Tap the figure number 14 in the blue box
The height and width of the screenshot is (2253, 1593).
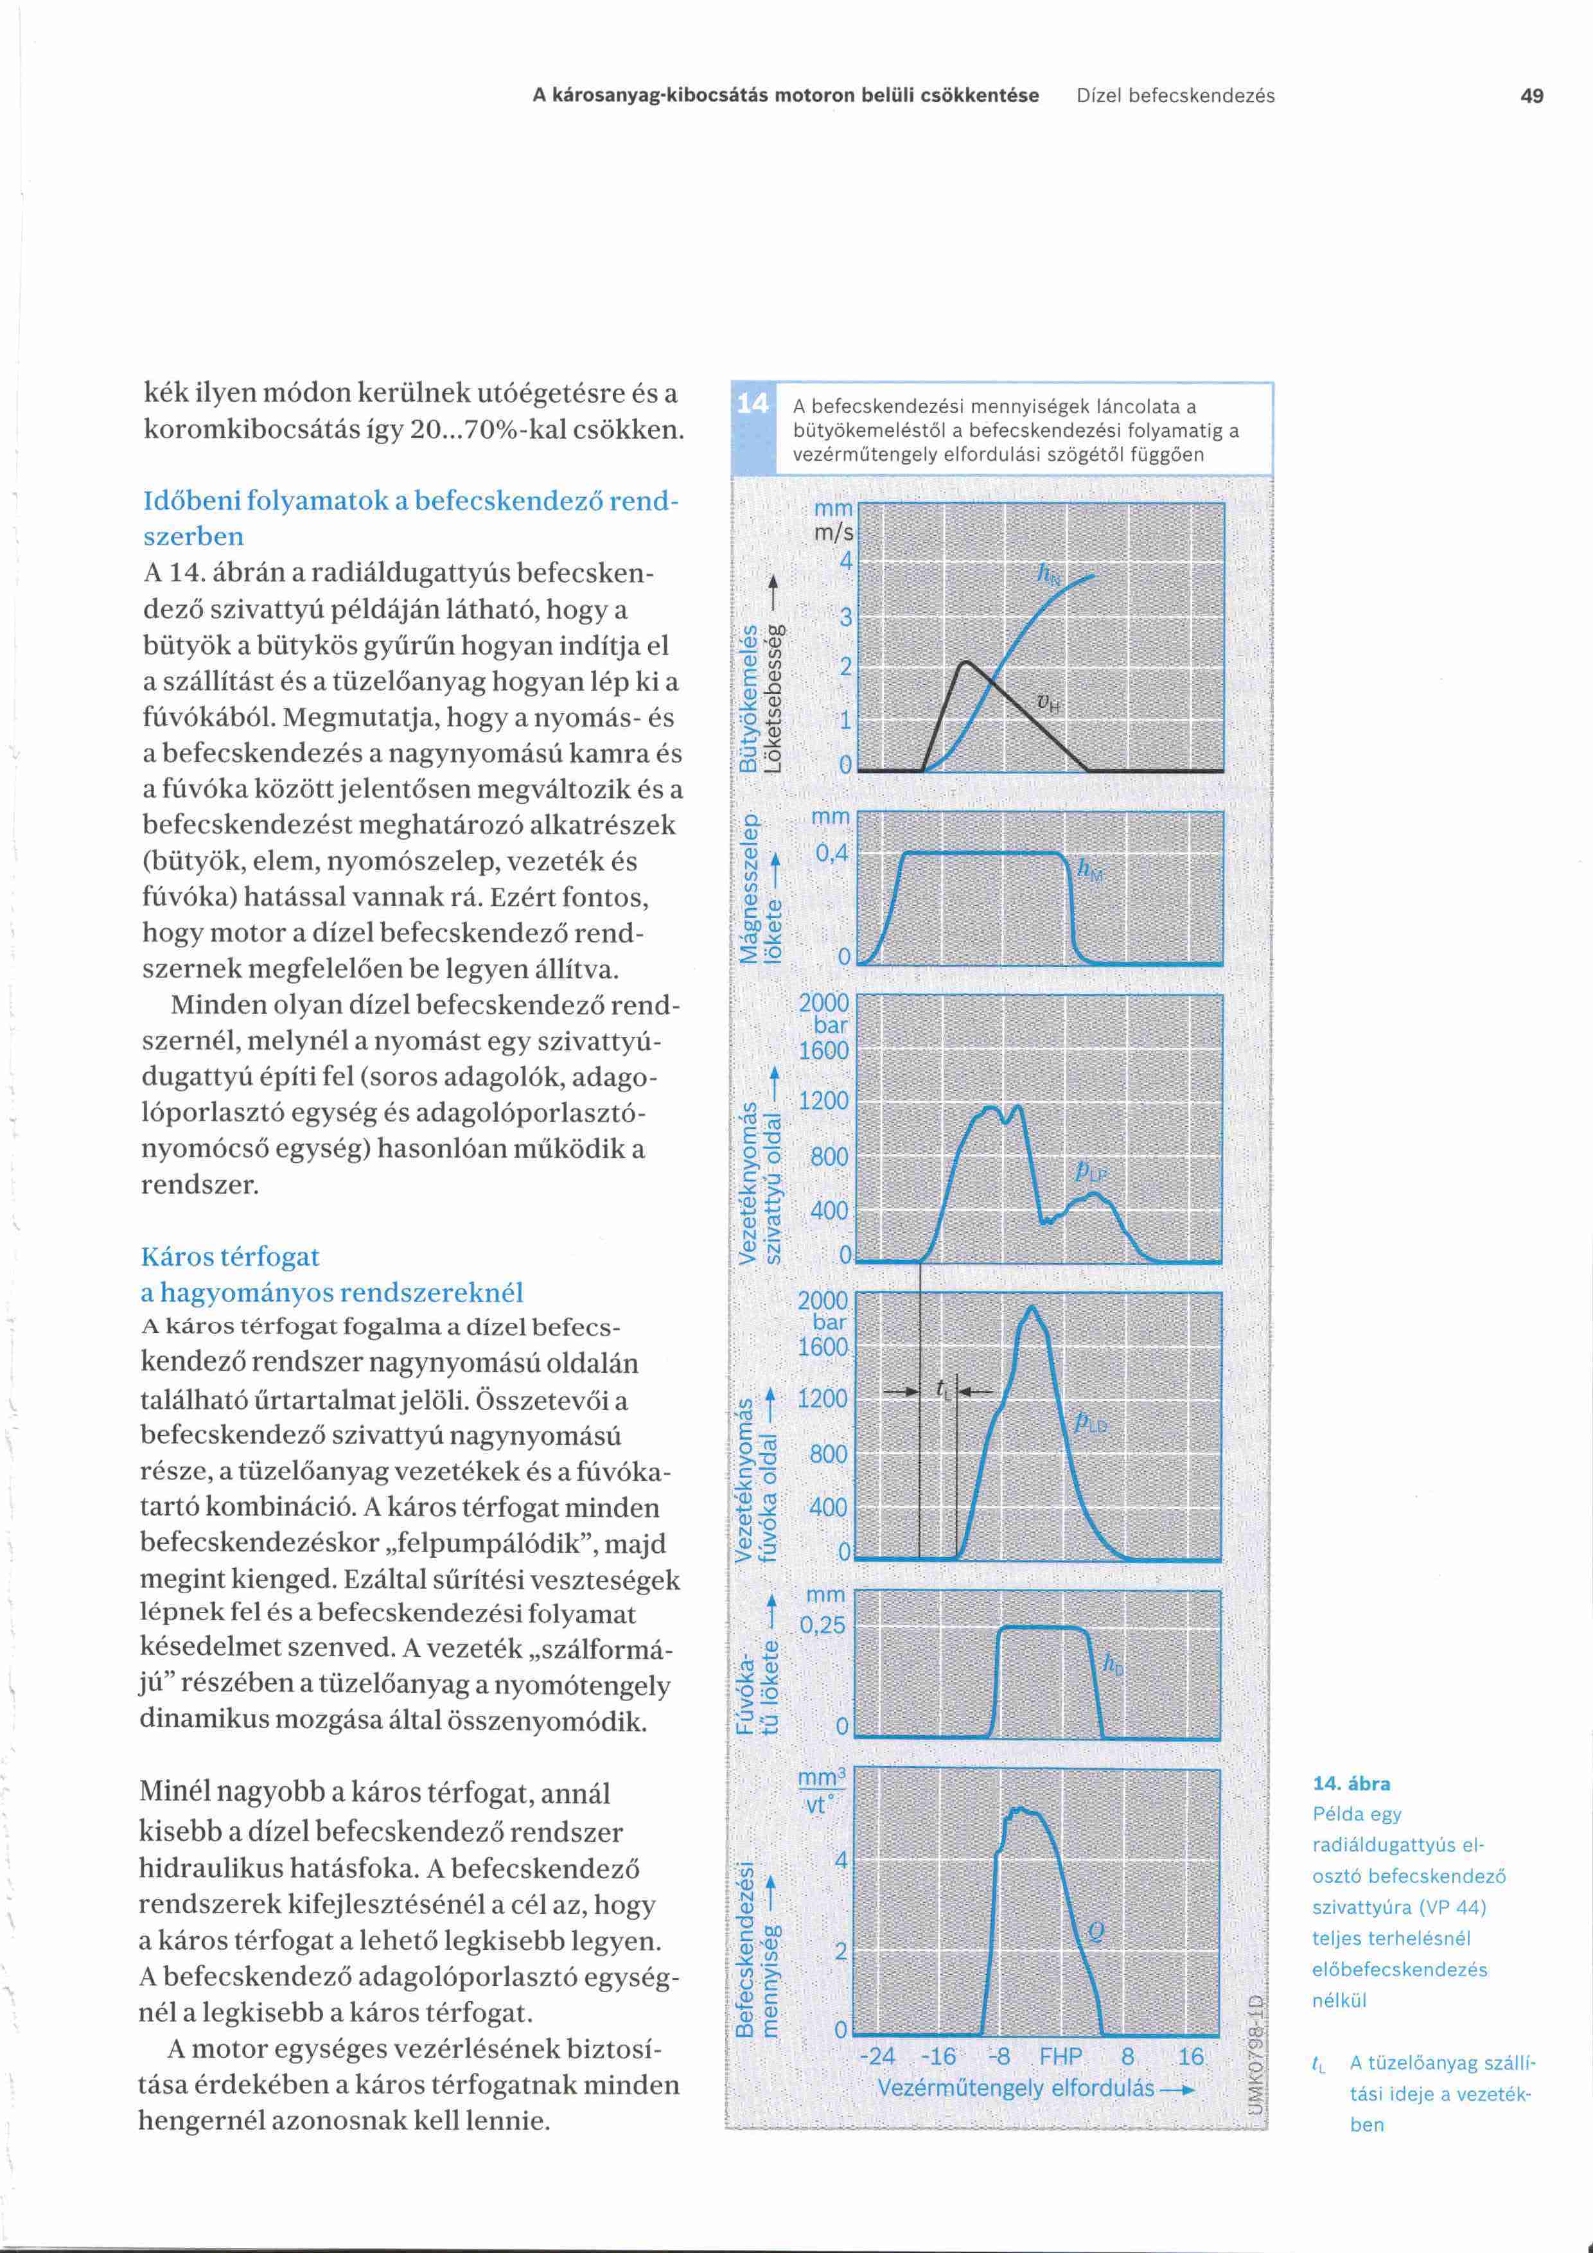point(752,403)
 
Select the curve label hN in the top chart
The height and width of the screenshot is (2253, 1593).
point(1048,576)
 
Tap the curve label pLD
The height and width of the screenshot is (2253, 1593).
point(1091,1422)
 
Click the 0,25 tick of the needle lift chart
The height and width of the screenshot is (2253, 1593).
point(823,1625)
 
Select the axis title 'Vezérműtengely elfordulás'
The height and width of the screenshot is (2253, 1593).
point(1016,2087)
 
